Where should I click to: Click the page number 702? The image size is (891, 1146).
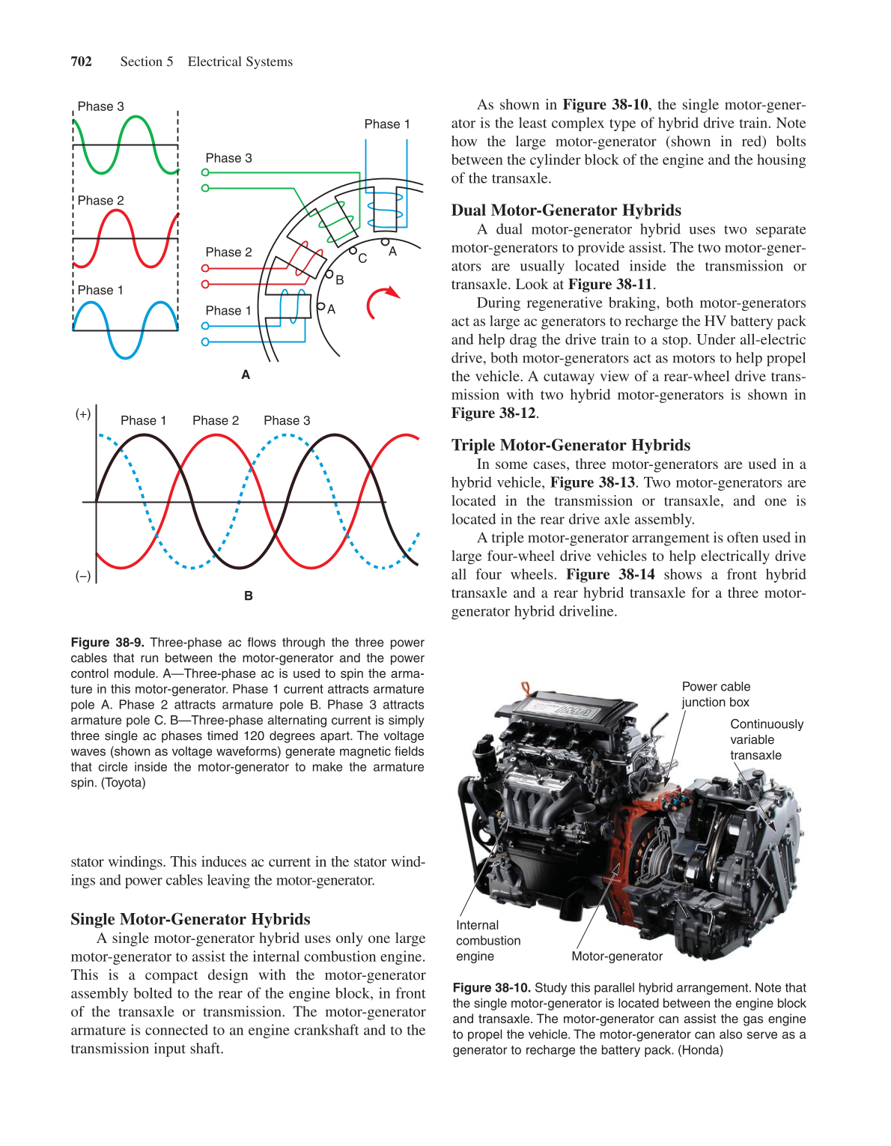click(81, 61)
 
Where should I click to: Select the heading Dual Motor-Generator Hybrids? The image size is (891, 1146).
click(565, 210)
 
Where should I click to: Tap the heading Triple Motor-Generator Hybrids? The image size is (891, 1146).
click(571, 445)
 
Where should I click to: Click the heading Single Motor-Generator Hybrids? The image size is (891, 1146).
click(190, 919)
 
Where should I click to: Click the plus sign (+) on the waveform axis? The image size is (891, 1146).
click(83, 414)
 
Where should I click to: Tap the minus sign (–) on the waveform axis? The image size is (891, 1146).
click(83, 576)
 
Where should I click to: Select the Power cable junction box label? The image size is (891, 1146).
click(715, 694)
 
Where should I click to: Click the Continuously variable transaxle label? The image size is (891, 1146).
click(766, 739)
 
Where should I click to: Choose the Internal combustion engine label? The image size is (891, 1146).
click(487, 941)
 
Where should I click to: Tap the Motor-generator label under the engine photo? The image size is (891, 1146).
click(617, 956)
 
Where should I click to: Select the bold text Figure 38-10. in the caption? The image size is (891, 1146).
click(491, 988)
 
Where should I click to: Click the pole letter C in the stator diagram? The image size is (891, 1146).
click(362, 258)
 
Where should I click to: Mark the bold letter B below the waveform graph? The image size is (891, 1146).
click(248, 596)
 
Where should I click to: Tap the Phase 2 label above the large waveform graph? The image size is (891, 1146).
click(216, 421)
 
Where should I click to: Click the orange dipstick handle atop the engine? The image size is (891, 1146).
click(526, 687)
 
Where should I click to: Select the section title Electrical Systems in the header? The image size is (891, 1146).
click(240, 61)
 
